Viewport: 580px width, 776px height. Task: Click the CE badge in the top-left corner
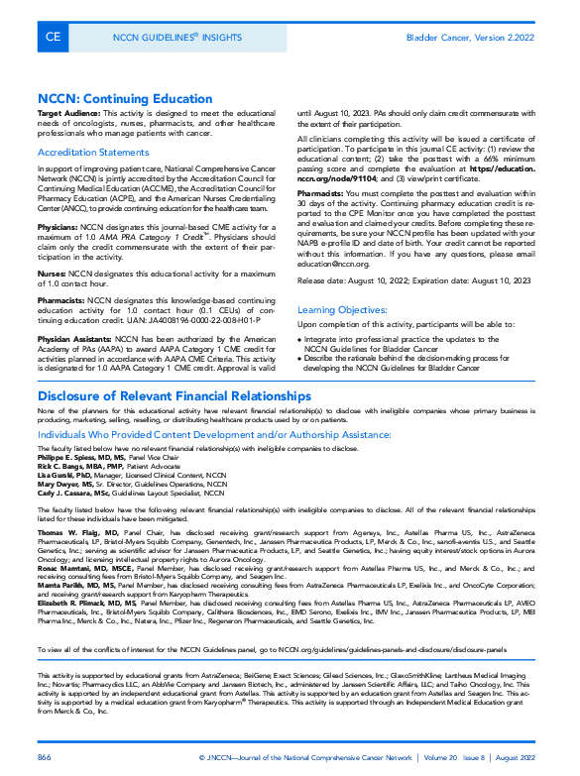pyautogui.click(x=52, y=38)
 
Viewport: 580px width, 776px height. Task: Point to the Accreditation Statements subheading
pyautogui.click(x=93, y=153)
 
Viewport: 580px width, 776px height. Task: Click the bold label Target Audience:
pyautogui.click(x=68, y=115)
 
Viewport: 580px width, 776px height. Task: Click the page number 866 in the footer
pyautogui.click(x=45, y=757)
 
